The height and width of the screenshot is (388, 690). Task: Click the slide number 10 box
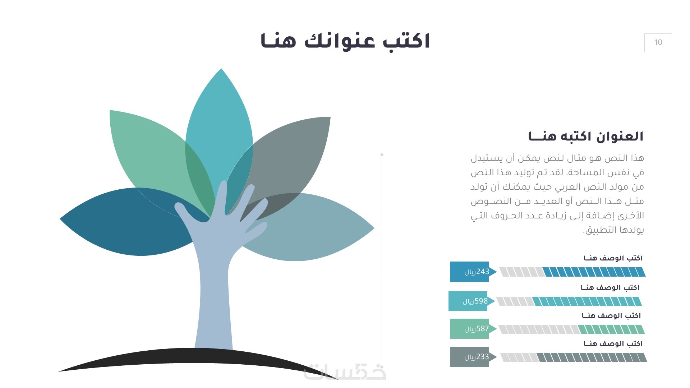658,42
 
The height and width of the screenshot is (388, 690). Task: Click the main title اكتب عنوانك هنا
345,41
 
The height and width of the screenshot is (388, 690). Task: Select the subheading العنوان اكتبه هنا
586,136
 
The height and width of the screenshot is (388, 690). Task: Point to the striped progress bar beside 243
572,272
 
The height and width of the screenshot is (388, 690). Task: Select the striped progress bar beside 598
569,301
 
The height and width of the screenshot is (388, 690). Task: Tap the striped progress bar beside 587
571,329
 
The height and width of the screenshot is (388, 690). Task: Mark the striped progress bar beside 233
574,357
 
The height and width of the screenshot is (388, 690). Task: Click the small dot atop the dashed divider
382,155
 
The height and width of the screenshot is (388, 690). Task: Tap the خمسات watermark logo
345,372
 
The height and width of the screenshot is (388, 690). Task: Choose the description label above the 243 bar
613,258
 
